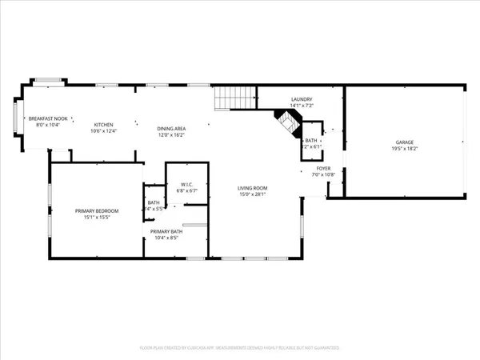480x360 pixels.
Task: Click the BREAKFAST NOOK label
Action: [45, 119]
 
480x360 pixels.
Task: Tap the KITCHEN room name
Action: [104, 125]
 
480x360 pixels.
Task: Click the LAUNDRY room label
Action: [301, 98]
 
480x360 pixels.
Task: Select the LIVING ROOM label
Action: [251, 187]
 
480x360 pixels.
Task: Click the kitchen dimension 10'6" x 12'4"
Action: [104, 132]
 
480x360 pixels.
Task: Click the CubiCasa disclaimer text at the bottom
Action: [240, 348]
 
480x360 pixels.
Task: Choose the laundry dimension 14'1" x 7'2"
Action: [301, 106]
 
